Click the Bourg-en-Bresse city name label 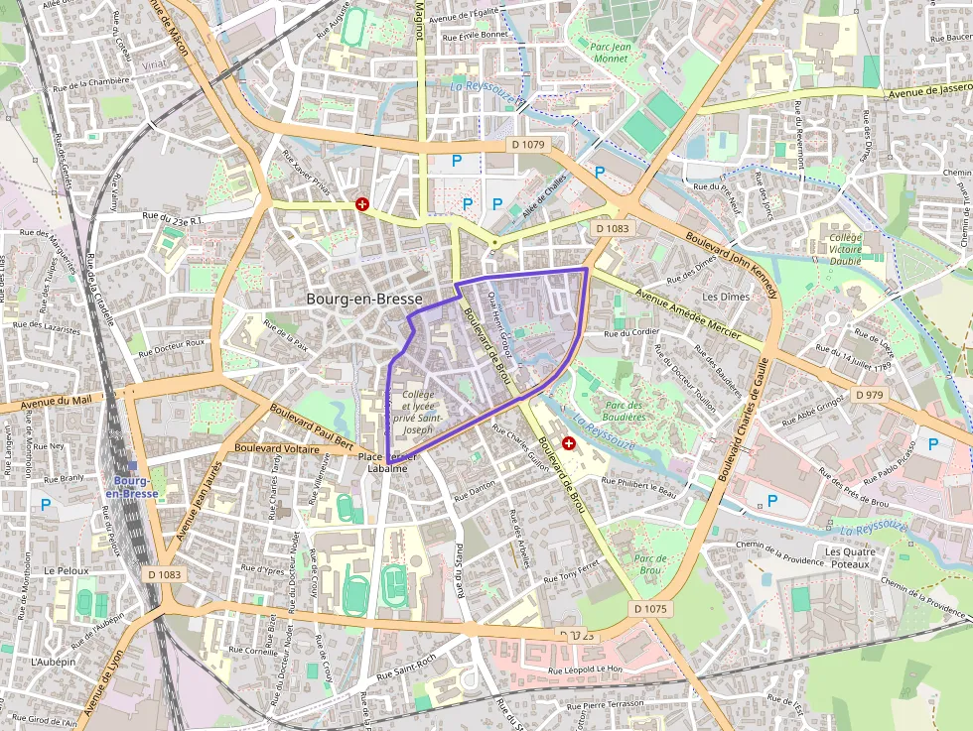(364, 299)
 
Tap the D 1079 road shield (528, 145)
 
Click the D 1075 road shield (651, 608)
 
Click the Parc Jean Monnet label (610, 52)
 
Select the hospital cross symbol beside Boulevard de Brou (568, 445)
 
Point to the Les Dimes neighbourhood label (726, 297)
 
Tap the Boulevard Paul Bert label (311, 425)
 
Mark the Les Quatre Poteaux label (849, 557)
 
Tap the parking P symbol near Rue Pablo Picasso (932, 444)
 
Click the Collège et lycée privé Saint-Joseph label (413, 412)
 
